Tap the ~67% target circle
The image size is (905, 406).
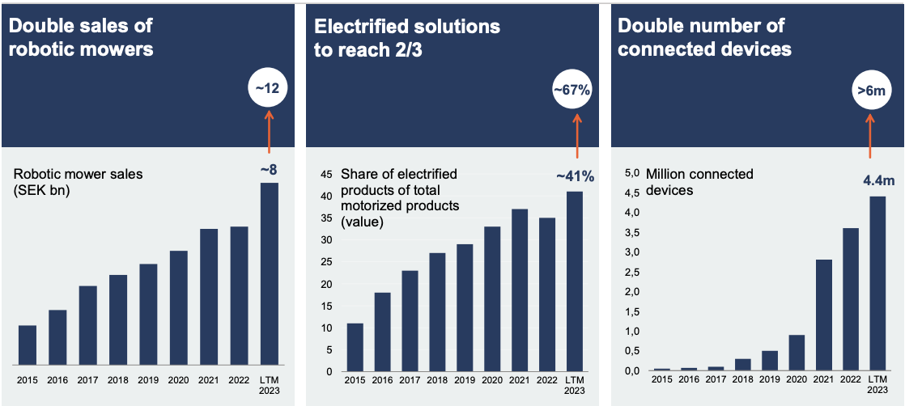click(x=573, y=89)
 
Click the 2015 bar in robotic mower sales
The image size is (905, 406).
click(x=28, y=345)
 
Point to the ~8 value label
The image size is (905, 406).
click(x=270, y=170)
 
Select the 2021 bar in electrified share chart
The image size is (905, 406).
click(x=520, y=290)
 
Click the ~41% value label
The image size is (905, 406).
click(x=575, y=176)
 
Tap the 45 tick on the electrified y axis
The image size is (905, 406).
click(x=327, y=174)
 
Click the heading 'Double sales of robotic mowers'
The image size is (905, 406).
click(x=81, y=37)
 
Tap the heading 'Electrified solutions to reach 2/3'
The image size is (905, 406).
click(x=407, y=37)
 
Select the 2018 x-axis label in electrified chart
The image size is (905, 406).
click(x=436, y=380)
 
